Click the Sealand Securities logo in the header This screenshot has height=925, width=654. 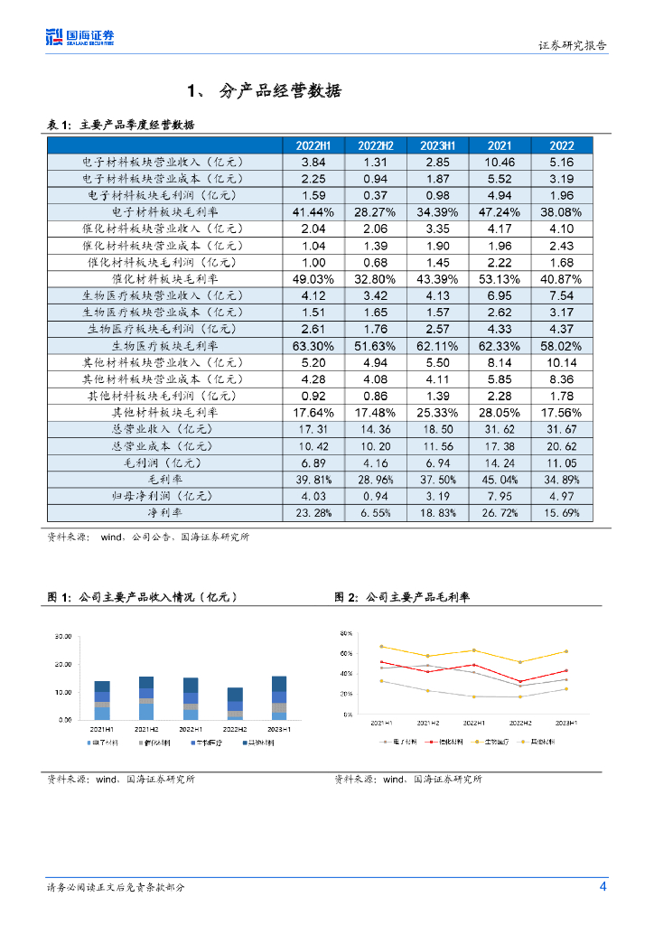pyautogui.click(x=80, y=37)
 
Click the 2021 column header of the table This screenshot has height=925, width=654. pyautogui.click(x=499, y=145)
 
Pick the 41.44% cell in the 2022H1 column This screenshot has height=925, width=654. pyautogui.click(x=313, y=211)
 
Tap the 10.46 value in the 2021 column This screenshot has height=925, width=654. pyautogui.click(x=499, y=162)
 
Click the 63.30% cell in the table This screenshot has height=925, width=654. pyautogui.click(x=313, y=345)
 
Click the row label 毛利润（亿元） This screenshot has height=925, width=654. pyautogui.click(x=164, y=462)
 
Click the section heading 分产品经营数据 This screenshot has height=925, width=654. pyautogui.click(x=280, y=91)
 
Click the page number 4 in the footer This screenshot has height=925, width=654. pyautogui.click(x=603, y=886)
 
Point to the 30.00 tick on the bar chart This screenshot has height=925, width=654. pyautogui.click(x=63, y=637)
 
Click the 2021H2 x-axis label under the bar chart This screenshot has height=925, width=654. pyautogui.click(x=146, y=728)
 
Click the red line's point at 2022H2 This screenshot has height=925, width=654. pyautogui.click(x=519, y=681)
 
